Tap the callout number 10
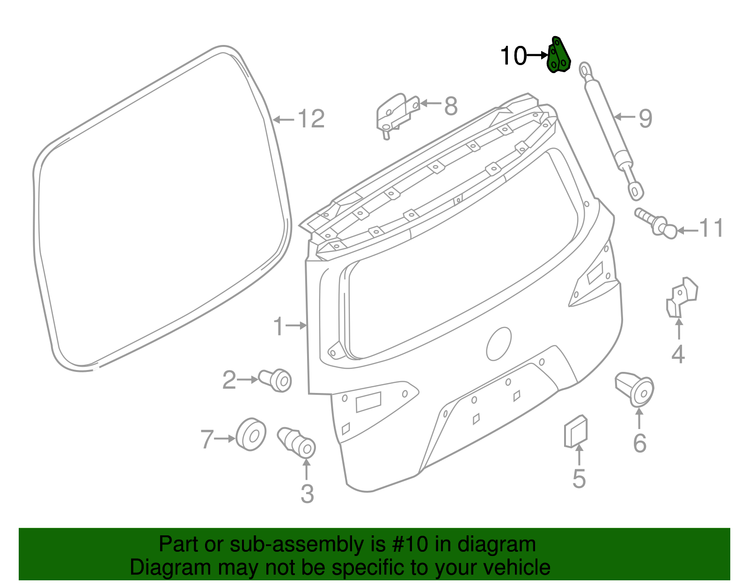[514, 56]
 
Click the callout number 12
[311, 119]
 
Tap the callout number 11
[711, 229]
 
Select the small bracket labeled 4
[681, 297]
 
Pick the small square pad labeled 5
[576, 431]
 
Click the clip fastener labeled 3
[297, 441]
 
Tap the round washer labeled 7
[251, 435]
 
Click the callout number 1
[279, 326]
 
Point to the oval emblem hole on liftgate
[499, 344]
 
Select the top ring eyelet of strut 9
[586, 69]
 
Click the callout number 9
[645, 118]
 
